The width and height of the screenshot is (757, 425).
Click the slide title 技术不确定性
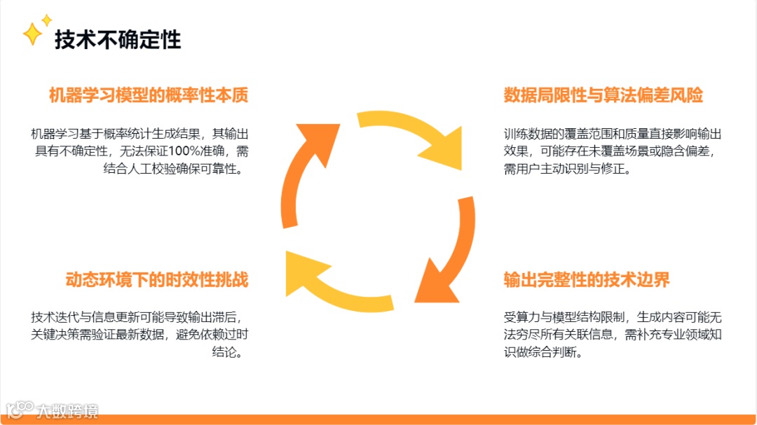(118, 39)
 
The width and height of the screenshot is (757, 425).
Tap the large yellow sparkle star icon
(32, 34)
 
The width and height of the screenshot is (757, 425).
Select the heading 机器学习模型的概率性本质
(149, 95)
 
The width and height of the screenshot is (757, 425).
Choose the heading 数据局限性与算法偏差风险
(603, 95)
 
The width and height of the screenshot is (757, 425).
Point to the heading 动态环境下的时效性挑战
(157, 280)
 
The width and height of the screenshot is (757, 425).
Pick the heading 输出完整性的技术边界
(587, 280)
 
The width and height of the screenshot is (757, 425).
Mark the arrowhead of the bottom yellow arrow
(304, 270)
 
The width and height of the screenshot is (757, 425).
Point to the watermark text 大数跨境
(68, 410)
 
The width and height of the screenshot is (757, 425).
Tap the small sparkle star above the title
(47, 20)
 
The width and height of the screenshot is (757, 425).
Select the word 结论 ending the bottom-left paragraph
(227, 352)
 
